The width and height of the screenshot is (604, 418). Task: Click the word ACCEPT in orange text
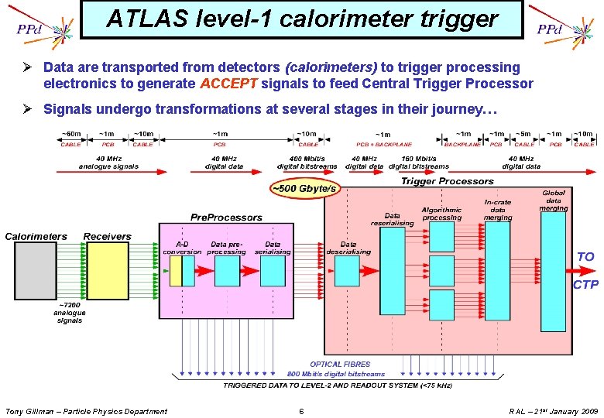(x=229, y=84)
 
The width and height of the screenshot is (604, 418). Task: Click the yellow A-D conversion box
(x=176, y=271)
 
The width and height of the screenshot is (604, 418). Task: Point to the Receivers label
(x=107, y=236)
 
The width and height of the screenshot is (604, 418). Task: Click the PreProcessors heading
(x=226, y=218)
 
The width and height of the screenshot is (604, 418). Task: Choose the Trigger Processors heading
(x=447, y=181)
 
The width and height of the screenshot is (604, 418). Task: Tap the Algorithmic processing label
(x=441, y=214)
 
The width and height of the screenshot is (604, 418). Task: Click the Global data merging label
(x=554, y=200)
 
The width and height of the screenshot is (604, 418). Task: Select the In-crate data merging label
(x=498, y=210)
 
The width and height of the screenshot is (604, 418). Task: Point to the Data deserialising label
(x=348, y=247)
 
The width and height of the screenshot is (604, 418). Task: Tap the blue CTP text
(x=585, y=286)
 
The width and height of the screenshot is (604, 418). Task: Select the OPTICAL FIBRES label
(x=340, y=364)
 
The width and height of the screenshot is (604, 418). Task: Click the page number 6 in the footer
(x=301, y=411)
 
